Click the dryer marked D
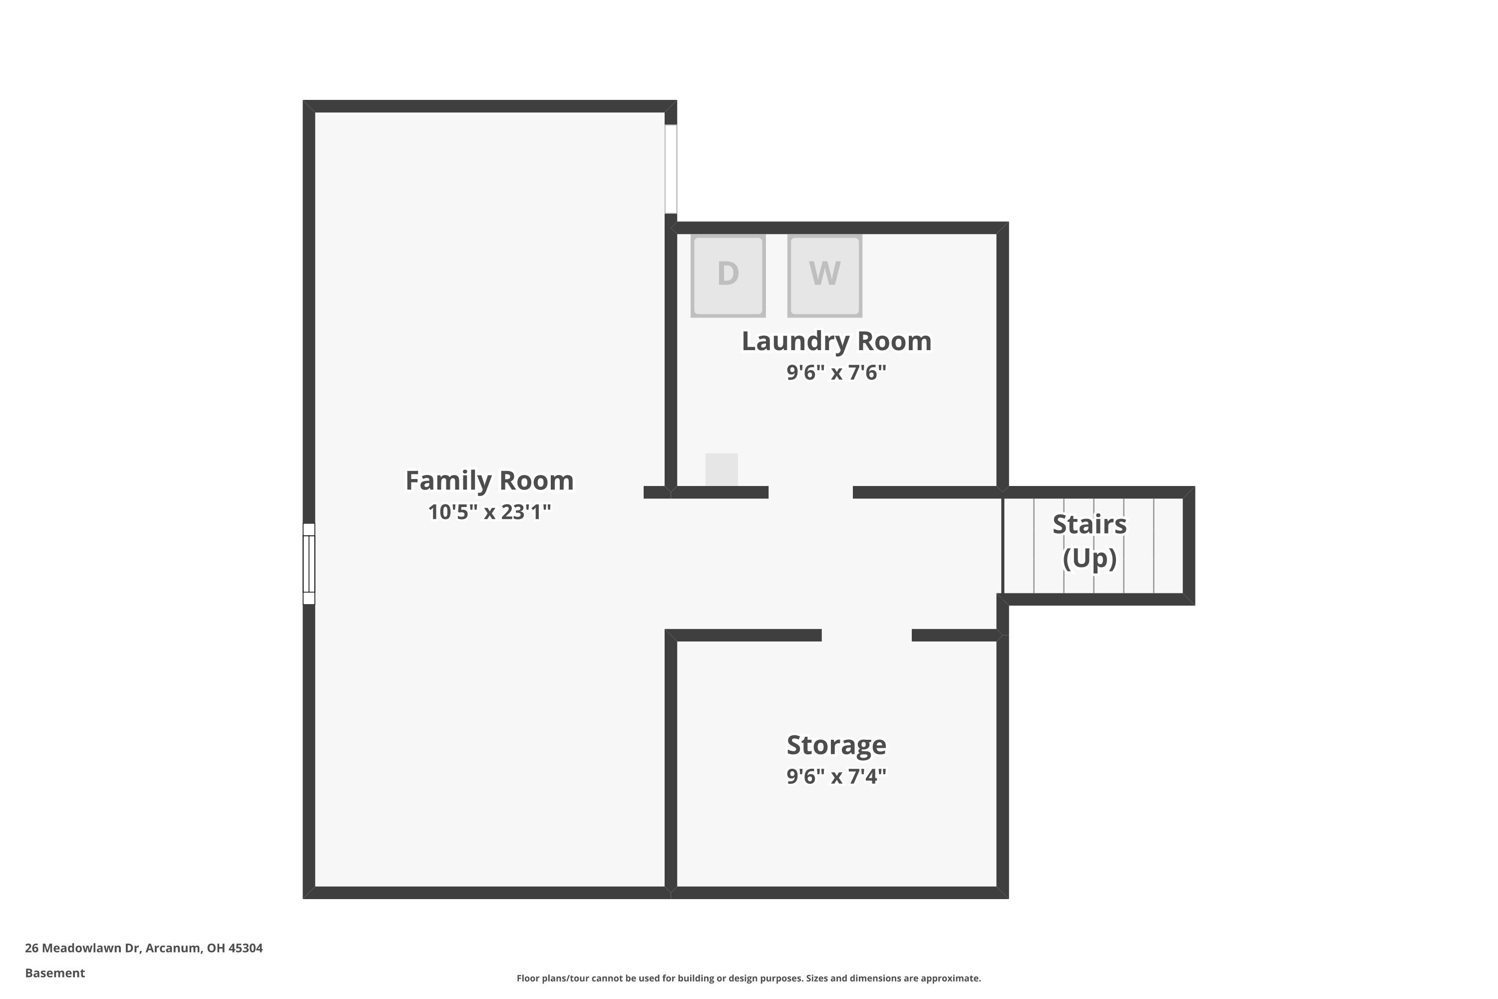click(728, 275)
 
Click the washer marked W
click(825, 275)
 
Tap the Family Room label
click(489, 481)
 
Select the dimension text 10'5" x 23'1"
click(489, 511)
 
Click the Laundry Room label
click(836, 341)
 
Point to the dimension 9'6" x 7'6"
click(836, 372)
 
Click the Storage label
click(836, 745)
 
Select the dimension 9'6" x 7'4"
click(836, 776)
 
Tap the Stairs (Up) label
click(1089, 541)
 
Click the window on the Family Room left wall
click(309, 564)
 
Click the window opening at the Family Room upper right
click(671, 169)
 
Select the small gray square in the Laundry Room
click(721, 470)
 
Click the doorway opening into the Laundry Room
click(810, 493)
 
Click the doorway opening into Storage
click(866, 635)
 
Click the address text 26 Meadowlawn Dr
click(82, 948)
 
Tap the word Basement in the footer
click(55, 973)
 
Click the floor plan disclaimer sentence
click(749, 978)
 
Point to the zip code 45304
click(245, 948)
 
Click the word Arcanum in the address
click(173, 948)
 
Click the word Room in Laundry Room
click(894, 341)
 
